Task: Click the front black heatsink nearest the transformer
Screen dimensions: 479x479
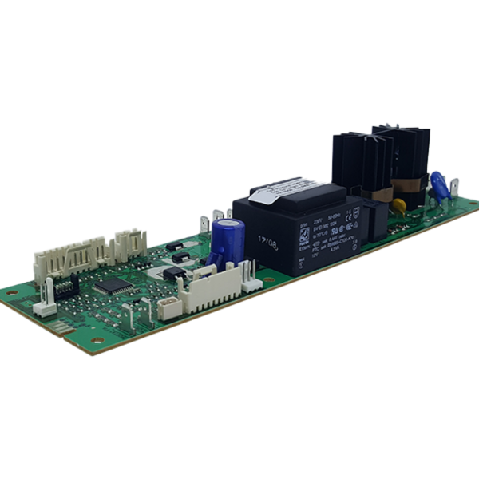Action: pyautogui.click(x=361, y=164)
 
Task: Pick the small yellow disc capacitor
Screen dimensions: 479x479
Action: pyautogui.click(x=399, y=205)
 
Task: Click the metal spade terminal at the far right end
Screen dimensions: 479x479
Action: pyautogui.click(x=453, y=188)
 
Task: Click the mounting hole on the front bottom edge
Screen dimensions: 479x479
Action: pyautogui.click(x=97, y=340)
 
